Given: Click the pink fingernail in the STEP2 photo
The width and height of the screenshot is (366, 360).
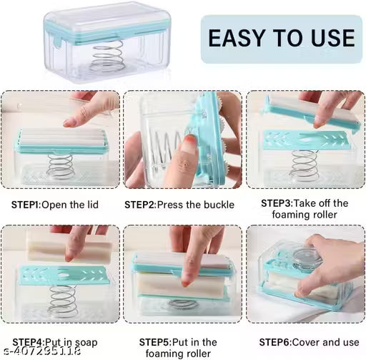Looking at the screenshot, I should coord(188,147).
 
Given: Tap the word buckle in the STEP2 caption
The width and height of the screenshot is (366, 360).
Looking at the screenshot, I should coord(219,205).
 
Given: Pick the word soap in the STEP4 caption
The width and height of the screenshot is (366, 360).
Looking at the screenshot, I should coord(86,342).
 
